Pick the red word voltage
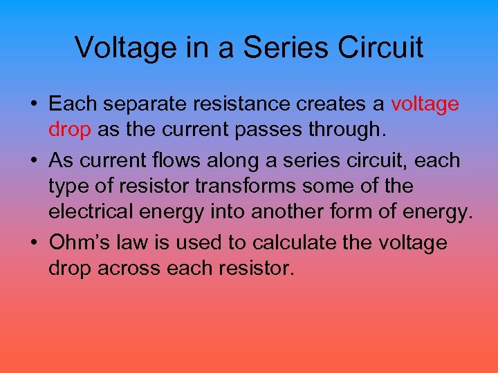425,105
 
